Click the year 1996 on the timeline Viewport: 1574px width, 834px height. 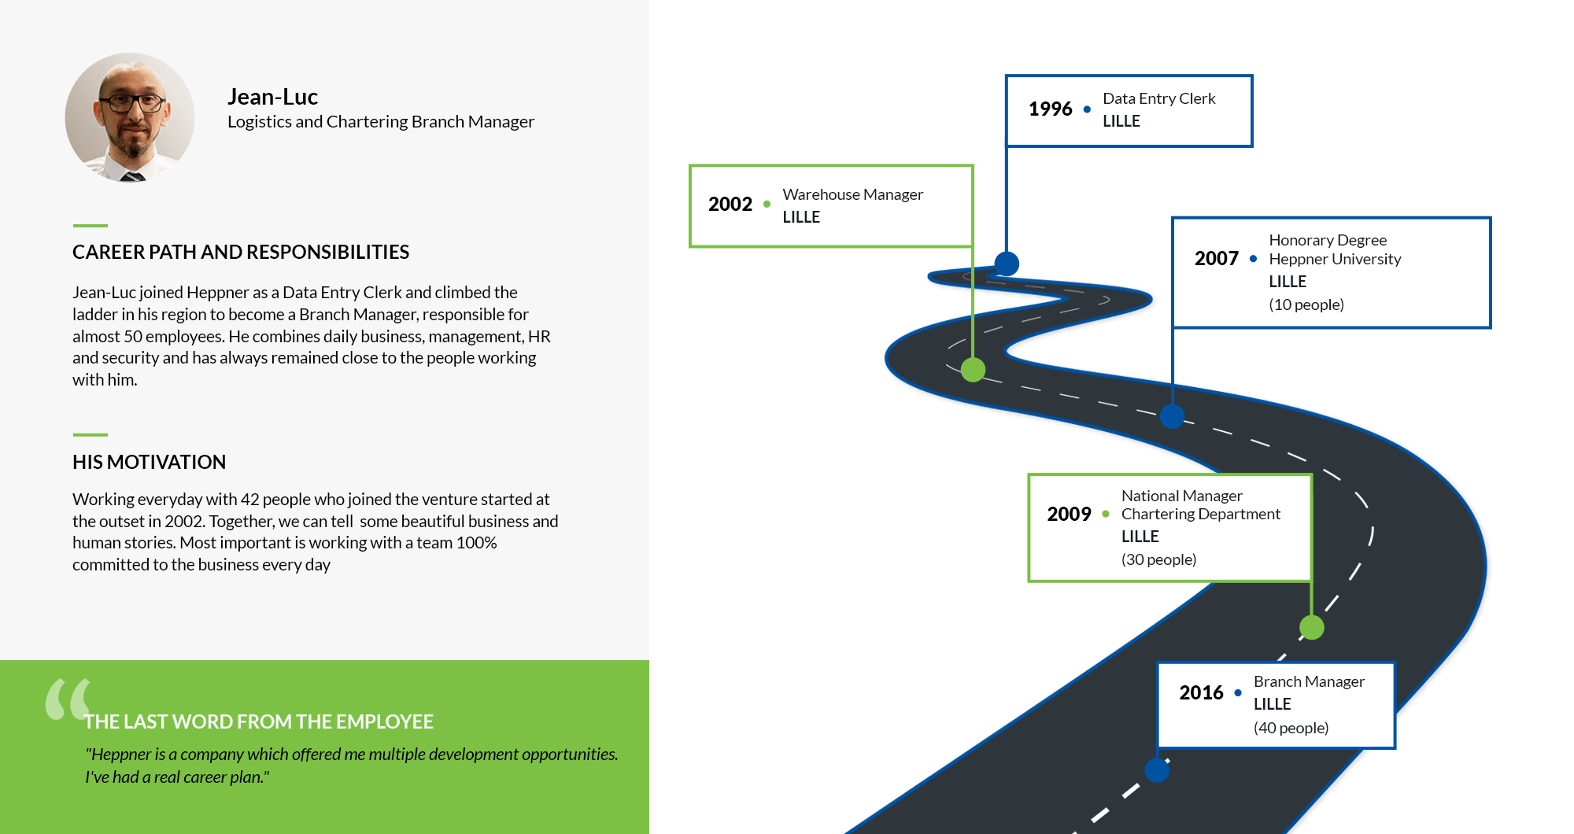(x=1050, y=109)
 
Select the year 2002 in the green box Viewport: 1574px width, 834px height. (x=730, y=204)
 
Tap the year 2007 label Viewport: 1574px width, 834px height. (x=1216, y=258)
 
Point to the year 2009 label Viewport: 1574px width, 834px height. (x=1069, y=514)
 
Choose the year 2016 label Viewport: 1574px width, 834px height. (x=1201, y=692)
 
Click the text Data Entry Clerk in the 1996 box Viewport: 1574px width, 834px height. (x=1158, y=98)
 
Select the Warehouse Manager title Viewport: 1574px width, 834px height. (x=852, y=194)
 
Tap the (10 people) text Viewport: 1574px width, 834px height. (x=1306, y=304)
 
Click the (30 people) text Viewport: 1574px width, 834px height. (x=1158, y=559)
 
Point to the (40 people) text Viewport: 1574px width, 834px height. (x=1291, y=728)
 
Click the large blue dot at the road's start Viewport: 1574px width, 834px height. (x=1007, y=264)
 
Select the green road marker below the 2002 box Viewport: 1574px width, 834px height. (x=973, y=369)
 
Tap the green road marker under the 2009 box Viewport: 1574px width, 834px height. (x=1311, y=627)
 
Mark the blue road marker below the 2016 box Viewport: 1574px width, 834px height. (x=1156, y=769)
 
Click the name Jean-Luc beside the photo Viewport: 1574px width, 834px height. (x=272, y=97)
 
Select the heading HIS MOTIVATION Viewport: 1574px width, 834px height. (x=149, y=462)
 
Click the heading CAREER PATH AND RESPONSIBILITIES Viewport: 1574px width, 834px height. (x=241, y=252)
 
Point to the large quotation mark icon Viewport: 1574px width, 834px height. (x=68, y=699)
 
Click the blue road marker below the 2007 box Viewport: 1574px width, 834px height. (x=1172, y=416)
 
